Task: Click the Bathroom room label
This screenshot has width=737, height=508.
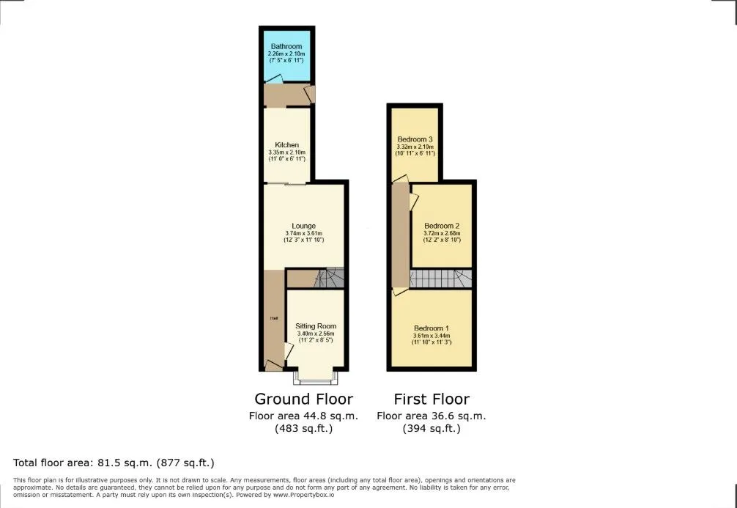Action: pyautogui.click(x=286, y=47)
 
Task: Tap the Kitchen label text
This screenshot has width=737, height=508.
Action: pyautogui.click(x=286, y=145)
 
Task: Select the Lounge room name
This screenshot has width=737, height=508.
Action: pyautogui.click(x=303, y=226)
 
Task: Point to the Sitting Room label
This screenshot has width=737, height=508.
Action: pyautogui.click(x=316, y=326)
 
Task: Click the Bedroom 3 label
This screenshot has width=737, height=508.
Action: pyautogui.click(x=415, y=139)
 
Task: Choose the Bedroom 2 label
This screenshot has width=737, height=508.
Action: pyautogui.click(x=442, y=226)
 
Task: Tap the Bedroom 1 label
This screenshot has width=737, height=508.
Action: pyautogui.click(x=432, y=328)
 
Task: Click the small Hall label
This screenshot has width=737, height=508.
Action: pyautogui.click(x=273, y=318)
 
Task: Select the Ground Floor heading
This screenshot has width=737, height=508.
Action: pyautogui.click(x=303, y=399)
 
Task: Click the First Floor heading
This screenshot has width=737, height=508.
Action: pyautogui.click(x=432, y=399)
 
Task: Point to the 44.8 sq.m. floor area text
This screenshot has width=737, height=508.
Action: pyautogui.click(x=303, y=416)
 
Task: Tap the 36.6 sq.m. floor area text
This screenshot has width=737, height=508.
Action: pyautogui.click(x=432, y=416)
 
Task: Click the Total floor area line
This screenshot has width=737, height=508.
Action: pyautogui.click(x=114, y=463)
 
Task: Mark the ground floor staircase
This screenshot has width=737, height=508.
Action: pyautogui.click(x=329, y=278)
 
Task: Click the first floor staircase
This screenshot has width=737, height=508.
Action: pyautogui.click(x=441, y=279)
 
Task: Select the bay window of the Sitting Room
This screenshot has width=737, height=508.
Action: pyautogui.click(x=315, y=378)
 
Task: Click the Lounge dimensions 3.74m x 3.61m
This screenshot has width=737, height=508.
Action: pyautogui.click(x=303, y=233)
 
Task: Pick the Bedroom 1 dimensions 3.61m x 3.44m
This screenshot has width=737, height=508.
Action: pyautogui.click(x=432, y=336)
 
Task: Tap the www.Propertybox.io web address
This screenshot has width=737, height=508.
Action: pyautogui.click(x=303, y=495)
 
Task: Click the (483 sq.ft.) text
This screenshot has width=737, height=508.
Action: pyautogui.click(x=303, y=429)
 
